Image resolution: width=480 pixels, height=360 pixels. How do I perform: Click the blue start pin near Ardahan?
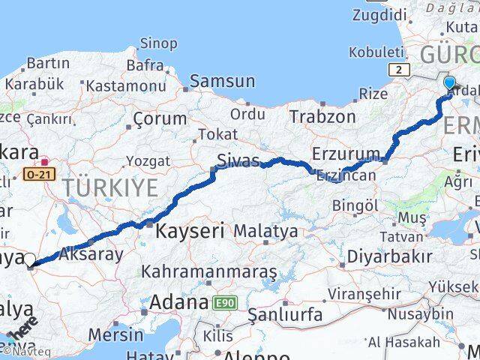450,83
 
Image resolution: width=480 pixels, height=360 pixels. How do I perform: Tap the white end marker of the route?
30,259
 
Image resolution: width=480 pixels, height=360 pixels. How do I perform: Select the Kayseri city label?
190,232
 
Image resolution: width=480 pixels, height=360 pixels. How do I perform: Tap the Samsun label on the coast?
223,81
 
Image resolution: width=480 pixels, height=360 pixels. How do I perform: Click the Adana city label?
178,302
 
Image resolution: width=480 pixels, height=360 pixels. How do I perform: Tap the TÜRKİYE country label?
110,187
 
